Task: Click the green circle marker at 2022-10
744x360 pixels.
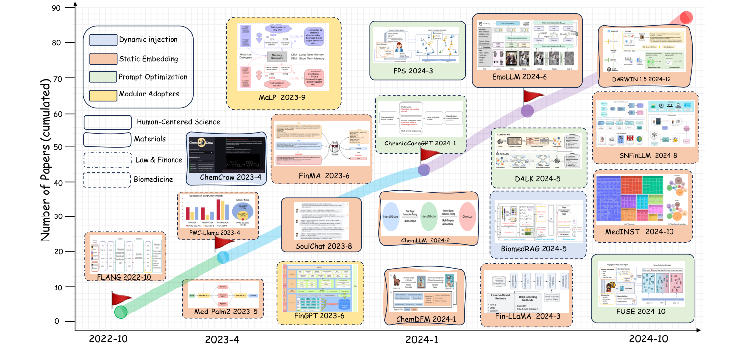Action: coord(121,312)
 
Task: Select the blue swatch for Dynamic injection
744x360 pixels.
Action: coord(102,39)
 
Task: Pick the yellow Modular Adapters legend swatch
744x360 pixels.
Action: coord(102,94)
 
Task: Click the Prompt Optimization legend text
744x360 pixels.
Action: coord(153,76)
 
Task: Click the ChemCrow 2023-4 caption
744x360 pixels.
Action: coord(226,177)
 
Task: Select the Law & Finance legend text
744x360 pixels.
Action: coord(158,159)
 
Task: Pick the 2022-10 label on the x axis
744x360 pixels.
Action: coord(108,339)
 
